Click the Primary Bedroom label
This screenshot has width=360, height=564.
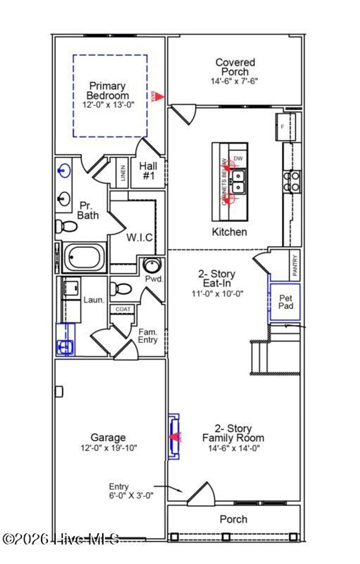tap(108, 91)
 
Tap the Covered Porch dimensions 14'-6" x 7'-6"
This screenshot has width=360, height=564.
tap(234, 81)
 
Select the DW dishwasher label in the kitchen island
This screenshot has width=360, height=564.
tap(238, 159)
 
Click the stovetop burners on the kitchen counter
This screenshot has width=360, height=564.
tap(292, 181)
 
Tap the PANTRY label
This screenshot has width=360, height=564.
tap(295, 265)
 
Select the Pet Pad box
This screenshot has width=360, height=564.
tap(285, 302)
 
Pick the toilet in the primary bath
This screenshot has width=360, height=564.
tap(67, 226)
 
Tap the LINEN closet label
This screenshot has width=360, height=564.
tap(123, 173)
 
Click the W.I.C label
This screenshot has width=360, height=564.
tap(139, 238)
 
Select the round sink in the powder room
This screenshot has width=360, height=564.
tap(152, 265)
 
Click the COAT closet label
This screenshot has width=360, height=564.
tap(123, 309)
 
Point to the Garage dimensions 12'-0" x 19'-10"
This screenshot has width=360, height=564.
tap(108, 448)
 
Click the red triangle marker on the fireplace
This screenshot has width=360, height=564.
tap(173, 437)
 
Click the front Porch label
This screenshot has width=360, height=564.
tap(233, 519)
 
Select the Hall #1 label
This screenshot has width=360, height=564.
tap(148, 171)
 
